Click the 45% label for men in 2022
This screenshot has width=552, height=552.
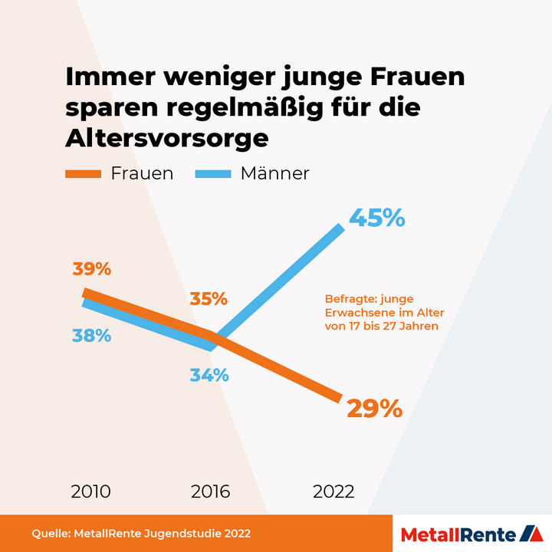tap(376, 219)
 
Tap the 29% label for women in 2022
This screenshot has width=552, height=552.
tap(374, 409)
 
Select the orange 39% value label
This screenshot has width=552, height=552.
tap(92, 269)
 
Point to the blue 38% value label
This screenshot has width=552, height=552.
tap(92, 335)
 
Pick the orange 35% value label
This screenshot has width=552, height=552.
tap(209, 298)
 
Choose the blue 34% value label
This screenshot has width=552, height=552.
tap(209, 375)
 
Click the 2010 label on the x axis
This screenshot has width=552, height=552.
tap(90, 491)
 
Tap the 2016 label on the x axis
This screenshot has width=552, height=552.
tap(209, 491)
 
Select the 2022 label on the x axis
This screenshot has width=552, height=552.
tap(333, 491)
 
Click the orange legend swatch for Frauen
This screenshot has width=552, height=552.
tap(84, 174)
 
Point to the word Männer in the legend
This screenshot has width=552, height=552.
tap(274, 173)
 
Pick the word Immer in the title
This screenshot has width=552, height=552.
tap(107, 77)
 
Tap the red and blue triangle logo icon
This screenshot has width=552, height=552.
tap(530, 533)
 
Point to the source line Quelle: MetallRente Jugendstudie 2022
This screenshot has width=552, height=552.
tap(141, 533)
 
